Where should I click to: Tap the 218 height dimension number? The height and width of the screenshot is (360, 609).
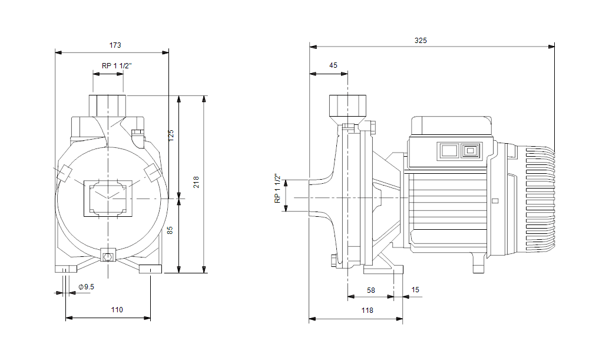[x=196, y=182]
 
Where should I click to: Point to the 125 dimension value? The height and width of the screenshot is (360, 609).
[x=171, y=135]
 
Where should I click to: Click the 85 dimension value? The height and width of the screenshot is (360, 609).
[x=171, y=231]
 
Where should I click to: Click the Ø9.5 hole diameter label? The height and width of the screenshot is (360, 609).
[x=86, y=287]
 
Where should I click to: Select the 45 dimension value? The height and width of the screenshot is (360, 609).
[x=333, y=65]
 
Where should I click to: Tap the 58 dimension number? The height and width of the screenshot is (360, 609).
[x=371, y=290]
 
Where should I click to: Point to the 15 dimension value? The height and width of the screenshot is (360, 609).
[x=416, y=290]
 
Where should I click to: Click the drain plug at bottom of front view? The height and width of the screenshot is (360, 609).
[x=108, y=256]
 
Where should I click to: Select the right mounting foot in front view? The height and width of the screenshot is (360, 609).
[x=150, y=270]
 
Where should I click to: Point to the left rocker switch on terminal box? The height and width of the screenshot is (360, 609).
[x=448, y=151]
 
